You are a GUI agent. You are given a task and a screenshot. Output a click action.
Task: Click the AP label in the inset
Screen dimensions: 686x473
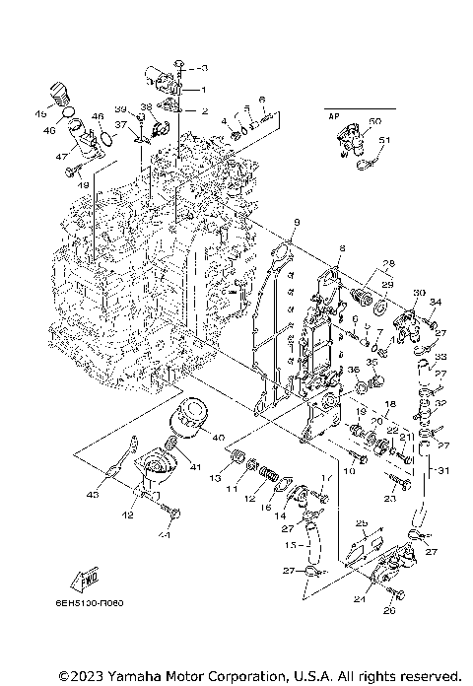[x=333, y=115]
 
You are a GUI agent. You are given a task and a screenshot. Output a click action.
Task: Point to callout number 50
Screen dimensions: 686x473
[x=374, y=121]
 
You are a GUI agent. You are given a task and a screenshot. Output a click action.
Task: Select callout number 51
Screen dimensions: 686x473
[x=385, y=140]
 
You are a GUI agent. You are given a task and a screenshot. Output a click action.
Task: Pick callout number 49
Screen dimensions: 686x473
[x=84, y=183]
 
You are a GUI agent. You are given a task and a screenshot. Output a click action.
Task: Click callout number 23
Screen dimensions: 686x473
[x=389, y=500]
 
